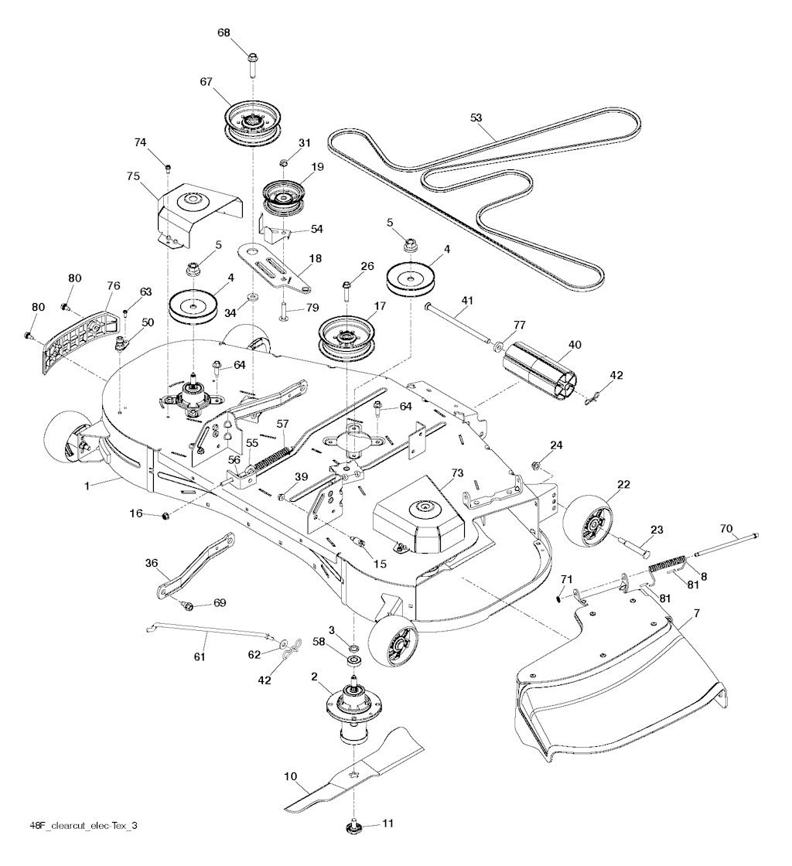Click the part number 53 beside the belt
[476, 118]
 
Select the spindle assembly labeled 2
[355, 703]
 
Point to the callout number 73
[457, 472]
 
